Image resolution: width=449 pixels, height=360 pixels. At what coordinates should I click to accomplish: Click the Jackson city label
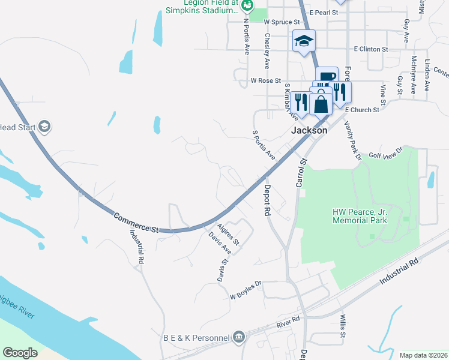(x=309, y=130)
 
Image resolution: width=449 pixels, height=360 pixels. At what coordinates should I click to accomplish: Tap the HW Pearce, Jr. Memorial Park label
(x=360, y=216)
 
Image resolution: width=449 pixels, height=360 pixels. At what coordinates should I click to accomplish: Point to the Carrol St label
(x=301, y=173)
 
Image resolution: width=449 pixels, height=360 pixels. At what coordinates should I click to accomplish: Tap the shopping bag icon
(x=321, y=103)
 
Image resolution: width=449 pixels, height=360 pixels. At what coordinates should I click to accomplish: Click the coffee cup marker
(x=327, y=77)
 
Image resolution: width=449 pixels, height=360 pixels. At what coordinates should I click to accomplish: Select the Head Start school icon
(x=44, y=127)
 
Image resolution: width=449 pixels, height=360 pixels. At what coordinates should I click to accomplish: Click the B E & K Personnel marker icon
(x=239, y=338)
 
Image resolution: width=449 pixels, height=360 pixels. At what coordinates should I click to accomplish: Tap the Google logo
(x=20, y=352)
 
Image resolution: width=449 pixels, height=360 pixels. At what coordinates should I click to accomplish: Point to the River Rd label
(x=288, y=322)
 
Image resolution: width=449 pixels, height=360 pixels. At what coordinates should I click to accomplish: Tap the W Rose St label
(x=266, y=80)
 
